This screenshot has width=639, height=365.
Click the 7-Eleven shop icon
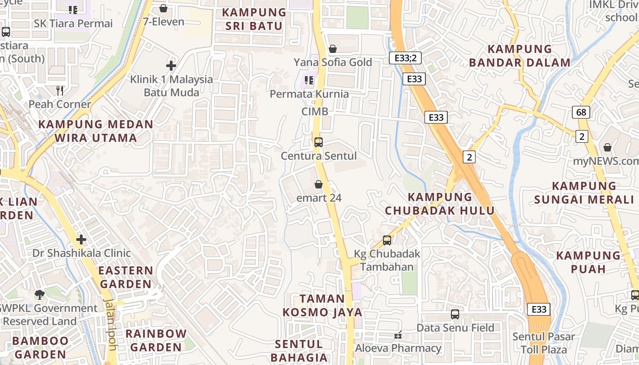(x=163, y=8)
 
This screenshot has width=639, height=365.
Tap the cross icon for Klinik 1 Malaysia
(x=171, y=66)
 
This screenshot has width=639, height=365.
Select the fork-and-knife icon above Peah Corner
(x=60, y=90)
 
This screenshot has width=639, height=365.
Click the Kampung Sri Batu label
(x=254, y=19)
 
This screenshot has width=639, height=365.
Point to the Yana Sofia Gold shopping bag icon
(x=333, y=49)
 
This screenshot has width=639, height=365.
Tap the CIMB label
(x=314, y=112)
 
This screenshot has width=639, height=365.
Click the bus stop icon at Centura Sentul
(x=319, y=142)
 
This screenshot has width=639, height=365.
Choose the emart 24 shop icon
(x=319, y=185)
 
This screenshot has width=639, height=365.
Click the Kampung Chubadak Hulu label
(x=440, y=204)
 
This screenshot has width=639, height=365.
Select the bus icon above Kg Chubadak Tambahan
(x=387, y=240)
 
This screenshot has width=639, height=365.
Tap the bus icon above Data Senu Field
(x=455, y=314)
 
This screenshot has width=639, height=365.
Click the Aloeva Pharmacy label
(x=398, y=349)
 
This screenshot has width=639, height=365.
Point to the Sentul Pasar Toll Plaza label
(x=544, y=344)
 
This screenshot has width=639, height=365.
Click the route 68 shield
(x=582, y=112)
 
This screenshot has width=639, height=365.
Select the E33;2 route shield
(x=405, y=58)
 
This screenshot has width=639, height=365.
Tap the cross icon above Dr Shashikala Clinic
(x=81, y=240)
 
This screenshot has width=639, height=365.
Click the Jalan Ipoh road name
(x=111, y=324)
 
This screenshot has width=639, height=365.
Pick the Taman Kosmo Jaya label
(x=322, y=305)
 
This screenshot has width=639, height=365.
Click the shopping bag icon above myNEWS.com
(x=608, y=147)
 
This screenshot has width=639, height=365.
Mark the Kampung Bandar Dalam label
(x=520, y=56)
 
